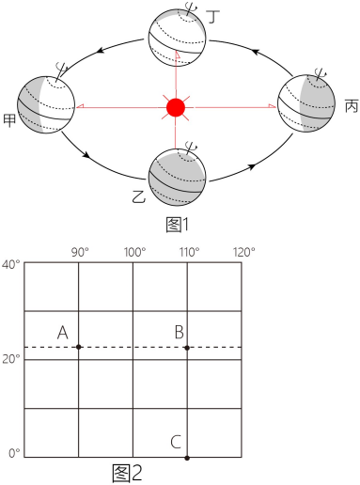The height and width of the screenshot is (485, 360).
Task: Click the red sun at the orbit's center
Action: pyautogui.click(x=176, y=107)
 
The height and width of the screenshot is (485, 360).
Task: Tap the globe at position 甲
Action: pyautogui.click(x=46, y=104)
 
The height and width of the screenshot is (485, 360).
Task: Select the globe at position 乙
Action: pyautogui.click(x=177, y=177)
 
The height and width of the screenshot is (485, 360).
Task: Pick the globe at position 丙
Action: pyautogui.click(x=306, y=103)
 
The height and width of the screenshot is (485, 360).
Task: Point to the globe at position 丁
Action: pyautogui.click(x=177, y=38)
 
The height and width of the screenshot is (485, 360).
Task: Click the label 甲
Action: pyautogui.click(x=9, y=120)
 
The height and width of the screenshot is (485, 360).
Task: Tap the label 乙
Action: pyautogui.click(x=138, y=196)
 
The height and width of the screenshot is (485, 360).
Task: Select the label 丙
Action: pyautogui.click(x=352, y=106)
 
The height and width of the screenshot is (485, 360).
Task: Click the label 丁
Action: pyautogui.click(x=213, y=16)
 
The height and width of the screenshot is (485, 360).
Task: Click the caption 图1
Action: pyautogui.click(x=178, y=225)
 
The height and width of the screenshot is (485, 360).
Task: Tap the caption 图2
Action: pyautogui.click(x=127, y=473)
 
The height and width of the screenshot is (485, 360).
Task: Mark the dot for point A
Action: pyautogui.click(x=79, y=347)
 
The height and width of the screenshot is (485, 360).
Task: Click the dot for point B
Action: pyautogui.click(x=187, y=348)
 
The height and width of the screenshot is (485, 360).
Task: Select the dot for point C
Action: pyautogui.click(x=187, y=458)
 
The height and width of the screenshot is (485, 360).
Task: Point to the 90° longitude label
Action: pyautogui.click(x=80, y=252)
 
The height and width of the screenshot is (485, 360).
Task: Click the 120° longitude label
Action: pyautogui.click(x=244, y=252)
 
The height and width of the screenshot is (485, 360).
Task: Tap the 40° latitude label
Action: pyautogui.click(x=10, y=264)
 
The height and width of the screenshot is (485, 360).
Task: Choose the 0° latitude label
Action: pyautogui.click(x=14, y=453)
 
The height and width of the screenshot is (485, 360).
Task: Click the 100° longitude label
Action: pyautogui.click(x=134, y=252)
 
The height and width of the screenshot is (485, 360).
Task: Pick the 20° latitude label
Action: pyautogui.click(x=10, y=359)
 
